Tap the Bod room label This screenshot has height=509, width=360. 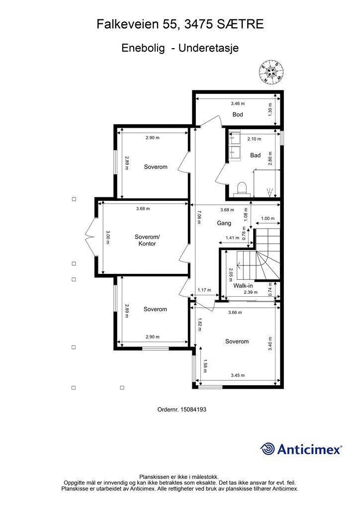tap(238, 115)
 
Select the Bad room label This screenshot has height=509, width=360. tap(255, 156)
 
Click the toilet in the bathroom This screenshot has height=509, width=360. tap(242, 189)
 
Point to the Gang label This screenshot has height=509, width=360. tap(224, 223)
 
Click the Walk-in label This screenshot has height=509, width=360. tap(243, 286)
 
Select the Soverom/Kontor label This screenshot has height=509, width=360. tap(145, 240)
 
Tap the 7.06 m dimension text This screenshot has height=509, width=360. tap(199, 217)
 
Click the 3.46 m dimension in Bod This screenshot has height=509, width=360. tap(238, 103)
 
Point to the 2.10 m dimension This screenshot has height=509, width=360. tap(254, 139)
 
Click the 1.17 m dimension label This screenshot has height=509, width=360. tap(204, 290)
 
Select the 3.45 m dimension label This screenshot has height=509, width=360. tap(238, 375)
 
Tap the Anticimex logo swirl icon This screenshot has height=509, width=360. tap(268, 449)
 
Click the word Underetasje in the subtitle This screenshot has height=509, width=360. tap(209, 48)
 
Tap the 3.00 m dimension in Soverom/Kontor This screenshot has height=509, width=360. tap(108, 237)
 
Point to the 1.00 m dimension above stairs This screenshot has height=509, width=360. tap(268, 219)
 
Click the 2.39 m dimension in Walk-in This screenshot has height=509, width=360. tap(251, 292)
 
